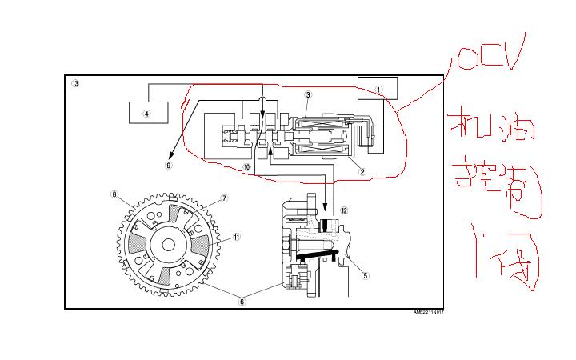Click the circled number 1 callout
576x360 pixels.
(380, 90)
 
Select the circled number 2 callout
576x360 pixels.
(362, 171)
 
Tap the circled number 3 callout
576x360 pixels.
(307, 95)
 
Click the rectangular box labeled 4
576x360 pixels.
(148, 112)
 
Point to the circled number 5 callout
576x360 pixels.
(366, 276)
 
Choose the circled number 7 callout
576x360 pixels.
(225, 198)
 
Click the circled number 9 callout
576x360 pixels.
(169, 166)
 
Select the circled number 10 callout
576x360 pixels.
(247, 167)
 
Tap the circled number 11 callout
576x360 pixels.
(237, 237)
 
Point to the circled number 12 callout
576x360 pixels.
(344, 210)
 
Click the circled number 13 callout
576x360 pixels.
(75, 84)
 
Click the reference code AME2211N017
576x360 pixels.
(428, 313)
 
